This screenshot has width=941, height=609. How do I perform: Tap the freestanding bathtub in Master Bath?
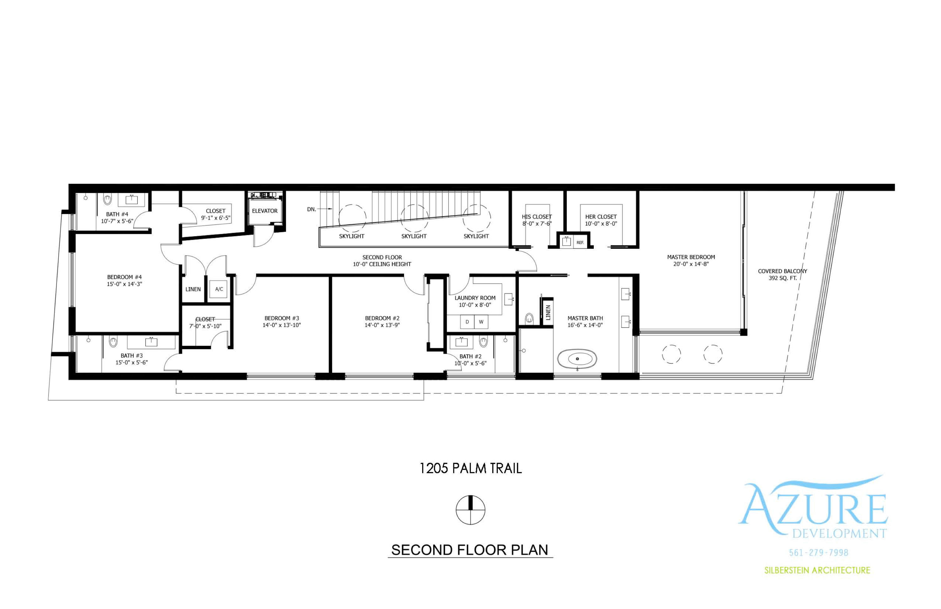tap(577, 359)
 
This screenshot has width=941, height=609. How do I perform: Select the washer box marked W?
tap(481, 322)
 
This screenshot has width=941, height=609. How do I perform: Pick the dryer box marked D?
tap(467, 322)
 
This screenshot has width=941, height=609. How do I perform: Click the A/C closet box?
tap(219, 289)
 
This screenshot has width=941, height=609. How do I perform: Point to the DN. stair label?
tap(311, 209)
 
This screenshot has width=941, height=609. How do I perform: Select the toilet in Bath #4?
tap(108, 199)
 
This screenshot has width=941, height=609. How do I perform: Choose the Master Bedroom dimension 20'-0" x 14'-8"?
tap(691, 264)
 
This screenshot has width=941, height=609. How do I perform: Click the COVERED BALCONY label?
tap(782, 271)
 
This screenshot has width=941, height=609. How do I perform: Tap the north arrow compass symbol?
tap(470, 510)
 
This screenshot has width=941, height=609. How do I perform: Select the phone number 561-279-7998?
tap(818, 553)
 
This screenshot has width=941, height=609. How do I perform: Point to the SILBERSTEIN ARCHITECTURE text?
tap(817, 570)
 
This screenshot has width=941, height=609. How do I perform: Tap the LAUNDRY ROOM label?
tap(475, 298)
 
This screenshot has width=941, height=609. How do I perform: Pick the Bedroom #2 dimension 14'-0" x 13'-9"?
tap(382, 325)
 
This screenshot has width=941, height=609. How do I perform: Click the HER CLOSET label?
tap(601, 217)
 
